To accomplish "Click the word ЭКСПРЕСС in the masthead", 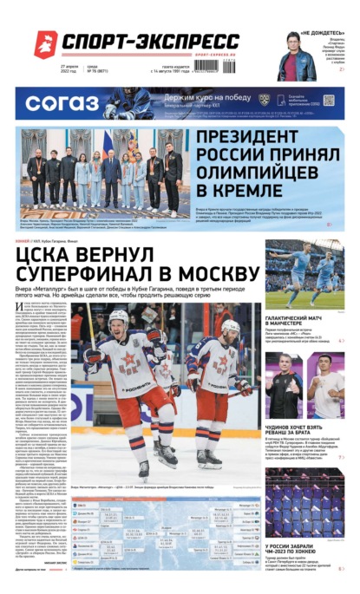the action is click(x=191, y=42).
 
